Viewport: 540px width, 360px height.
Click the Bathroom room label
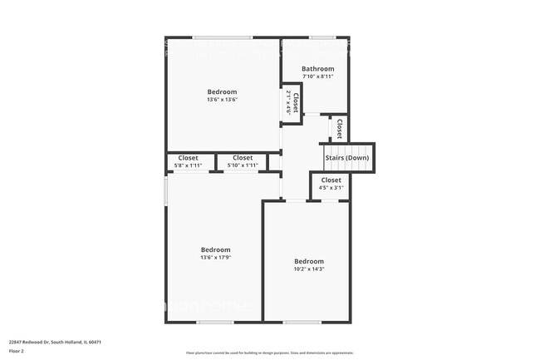click(317, 69)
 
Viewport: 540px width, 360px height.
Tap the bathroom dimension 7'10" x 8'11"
click(317, 76)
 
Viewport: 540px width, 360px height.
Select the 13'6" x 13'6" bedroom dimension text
click(222, 100)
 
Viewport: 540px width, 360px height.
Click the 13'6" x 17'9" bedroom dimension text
click(215, 258)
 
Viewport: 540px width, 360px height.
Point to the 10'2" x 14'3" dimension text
click(308, 269)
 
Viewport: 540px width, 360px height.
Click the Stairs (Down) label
click(346, 157)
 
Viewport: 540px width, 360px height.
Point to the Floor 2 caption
click(17, 351)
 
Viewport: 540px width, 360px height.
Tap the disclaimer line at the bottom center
click(270, 353)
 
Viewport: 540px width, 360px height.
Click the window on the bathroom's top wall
click(323, 37)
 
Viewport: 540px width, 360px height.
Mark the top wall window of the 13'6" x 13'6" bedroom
click(223, 37)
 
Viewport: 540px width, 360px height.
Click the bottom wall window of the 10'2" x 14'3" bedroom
click(302, 322)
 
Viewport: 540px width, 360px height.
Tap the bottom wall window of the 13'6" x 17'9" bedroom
click(197, 322)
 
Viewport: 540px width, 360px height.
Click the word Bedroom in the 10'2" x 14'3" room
click(308, 261)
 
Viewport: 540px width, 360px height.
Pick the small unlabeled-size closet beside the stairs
click(339, 128)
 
